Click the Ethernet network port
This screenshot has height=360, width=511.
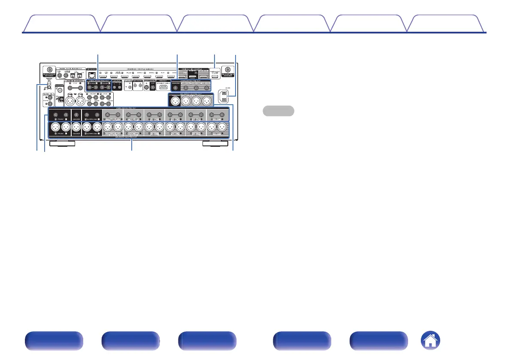coord(91,73)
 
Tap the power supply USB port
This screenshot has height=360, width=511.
coord(215,76)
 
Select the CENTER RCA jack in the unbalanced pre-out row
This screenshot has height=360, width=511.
coord(76,115)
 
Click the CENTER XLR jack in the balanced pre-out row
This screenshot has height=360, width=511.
coord(76,127)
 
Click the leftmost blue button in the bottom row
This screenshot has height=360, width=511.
coord(53,341)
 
